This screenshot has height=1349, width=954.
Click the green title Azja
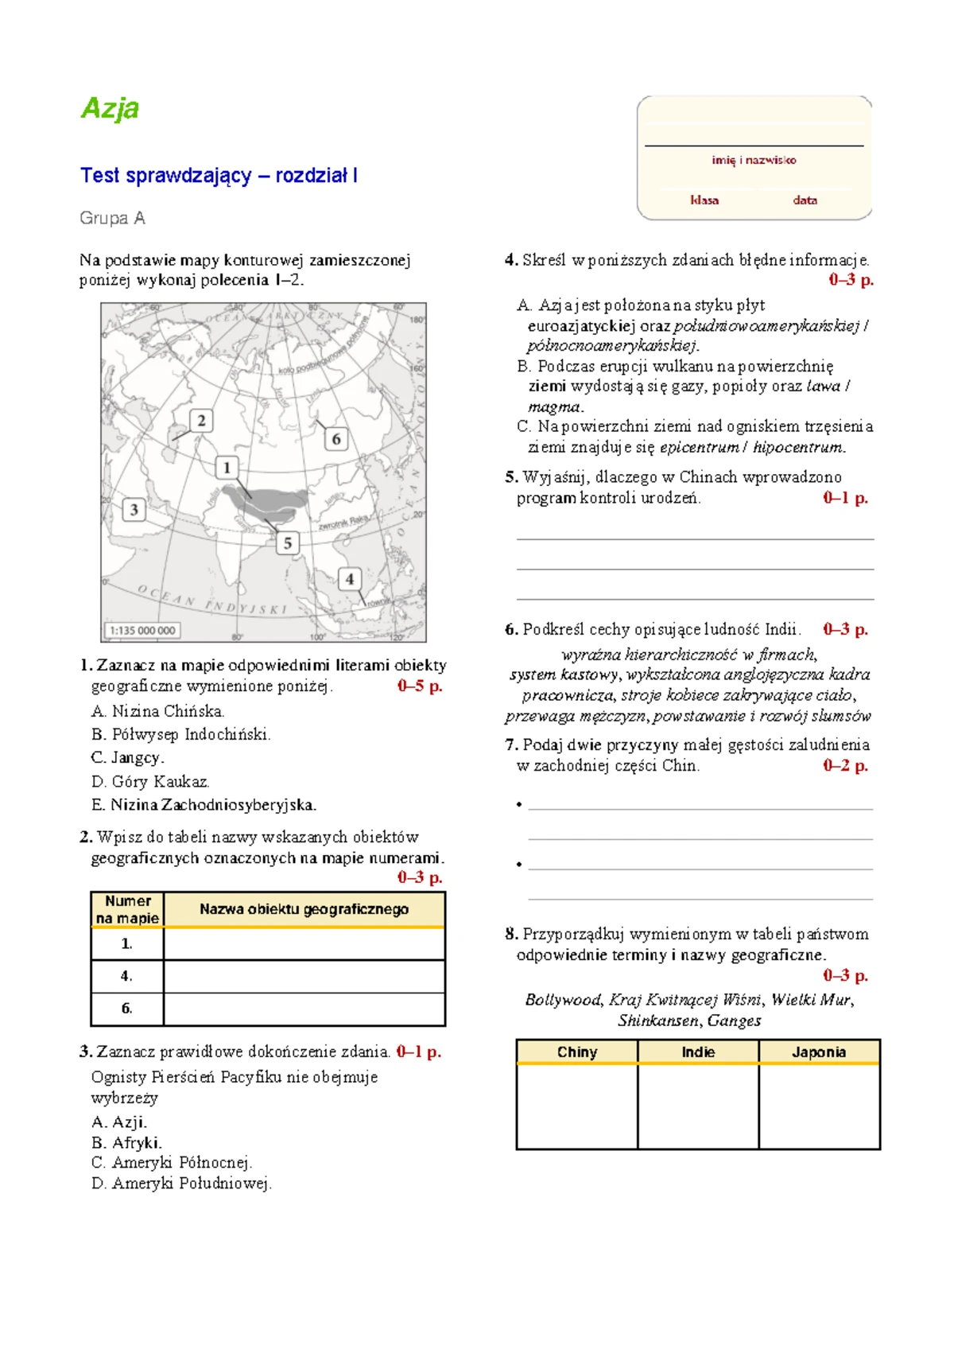click(x=110, y=108)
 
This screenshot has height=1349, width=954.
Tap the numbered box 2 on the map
click(x=201, y=421)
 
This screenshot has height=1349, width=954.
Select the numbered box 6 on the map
click(x=336, y=439)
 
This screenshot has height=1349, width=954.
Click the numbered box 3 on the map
click(x=134, y=509)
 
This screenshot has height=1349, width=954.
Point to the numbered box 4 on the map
click(x=350, y=579)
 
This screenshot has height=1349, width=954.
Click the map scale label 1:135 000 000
click(x=142, y=631)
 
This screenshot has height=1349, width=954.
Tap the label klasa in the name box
click(x=704, y=200)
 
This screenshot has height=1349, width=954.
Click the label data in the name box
click(x=805, y=200)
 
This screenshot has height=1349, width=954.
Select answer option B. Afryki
click(x=127, y=1143)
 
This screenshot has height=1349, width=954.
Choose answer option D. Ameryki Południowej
click(x=181, y=1184)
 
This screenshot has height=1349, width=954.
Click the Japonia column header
click(x=819, y=1052)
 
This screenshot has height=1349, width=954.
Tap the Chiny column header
click(x=576, y=1052)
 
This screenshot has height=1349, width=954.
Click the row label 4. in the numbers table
click(x=126, y=976)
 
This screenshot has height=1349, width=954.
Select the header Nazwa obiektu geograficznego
click(x=304, y=909)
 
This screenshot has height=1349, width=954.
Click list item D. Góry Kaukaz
click(x=150, y=782)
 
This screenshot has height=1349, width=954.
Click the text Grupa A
click(x=112, y=218)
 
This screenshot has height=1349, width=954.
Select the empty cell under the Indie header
click(x=697, y=1106)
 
